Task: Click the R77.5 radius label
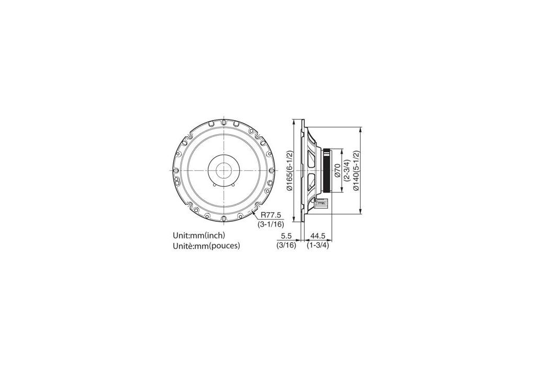[x=271, y=215]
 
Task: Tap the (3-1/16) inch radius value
[x=271, y=224]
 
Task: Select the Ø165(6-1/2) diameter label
[x=290, y=170]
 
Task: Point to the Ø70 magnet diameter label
[x=338, y=170]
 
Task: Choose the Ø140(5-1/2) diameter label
[x=356, y=170]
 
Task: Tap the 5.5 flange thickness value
[x=287, y=236]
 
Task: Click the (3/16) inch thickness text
[x=286, y=245]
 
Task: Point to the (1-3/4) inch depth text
[x=318, y=245]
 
